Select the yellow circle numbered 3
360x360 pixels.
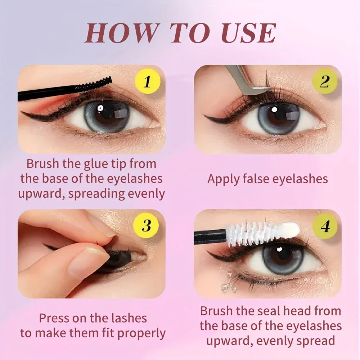tap(147, 226)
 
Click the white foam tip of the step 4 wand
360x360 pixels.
tap(292, 229)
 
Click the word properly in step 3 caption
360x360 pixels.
tap(141, 333)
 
